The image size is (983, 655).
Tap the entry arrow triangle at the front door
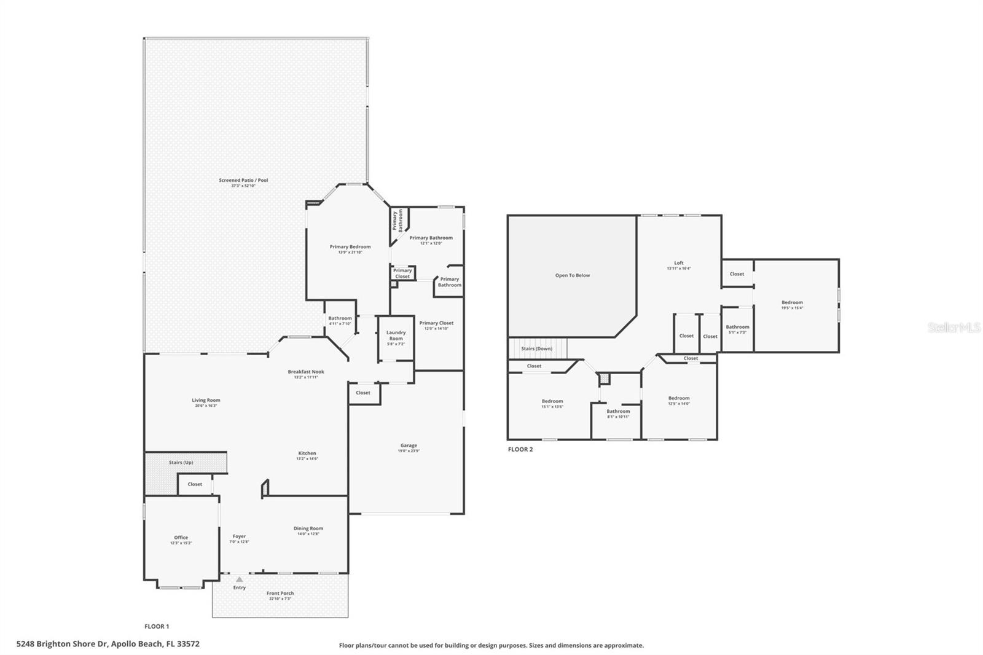click(x=239, y=579)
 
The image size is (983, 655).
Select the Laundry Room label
click(x=396, y=335)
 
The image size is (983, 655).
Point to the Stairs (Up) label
click(x=181, y=462)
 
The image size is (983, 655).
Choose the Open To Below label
click(x=572, y=275)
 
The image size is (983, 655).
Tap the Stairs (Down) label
click(x=536, y=348)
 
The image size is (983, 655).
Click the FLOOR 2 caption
click(x=520, y=449)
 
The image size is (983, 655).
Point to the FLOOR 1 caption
click(x=157, y=626)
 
